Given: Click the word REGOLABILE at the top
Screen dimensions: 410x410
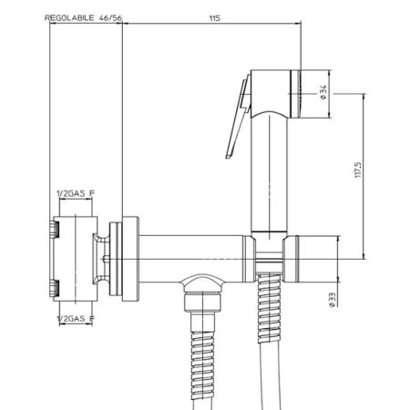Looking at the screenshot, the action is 69,18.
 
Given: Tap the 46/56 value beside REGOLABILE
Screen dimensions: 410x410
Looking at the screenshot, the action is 110,18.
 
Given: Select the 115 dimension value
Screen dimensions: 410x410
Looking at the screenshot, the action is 214,18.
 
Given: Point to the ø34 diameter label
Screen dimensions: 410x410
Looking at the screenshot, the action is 323,92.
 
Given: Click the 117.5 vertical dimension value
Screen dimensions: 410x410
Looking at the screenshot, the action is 358,169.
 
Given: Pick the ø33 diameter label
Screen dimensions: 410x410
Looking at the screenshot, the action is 332,300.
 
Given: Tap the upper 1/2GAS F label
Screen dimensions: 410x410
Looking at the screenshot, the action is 76,193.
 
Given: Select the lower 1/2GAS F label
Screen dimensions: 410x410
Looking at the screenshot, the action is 76,319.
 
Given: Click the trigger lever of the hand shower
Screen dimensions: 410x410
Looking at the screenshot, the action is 238,118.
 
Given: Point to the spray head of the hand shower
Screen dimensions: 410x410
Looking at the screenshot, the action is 275,94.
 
